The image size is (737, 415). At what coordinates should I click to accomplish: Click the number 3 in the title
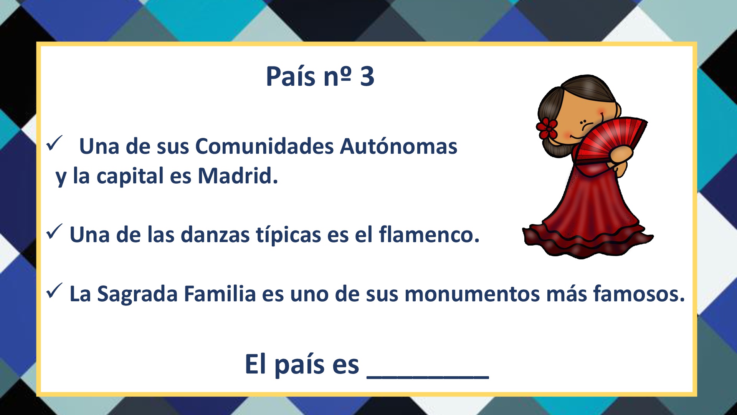(x=367, y=76)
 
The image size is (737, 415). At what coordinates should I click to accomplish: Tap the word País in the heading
(x=291, y=76)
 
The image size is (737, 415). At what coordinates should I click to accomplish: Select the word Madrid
(x=238, y=176)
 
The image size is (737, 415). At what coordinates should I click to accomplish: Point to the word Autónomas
(x=398, y=146)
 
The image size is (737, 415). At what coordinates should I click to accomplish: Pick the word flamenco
(x=429, y=234)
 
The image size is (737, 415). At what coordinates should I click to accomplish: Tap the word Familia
(x=220, y=294)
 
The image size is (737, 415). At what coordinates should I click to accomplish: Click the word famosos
(x=639, y=294)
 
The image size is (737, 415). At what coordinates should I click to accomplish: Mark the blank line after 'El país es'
(x=428, y=378)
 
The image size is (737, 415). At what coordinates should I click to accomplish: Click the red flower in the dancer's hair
(x=547, y=128)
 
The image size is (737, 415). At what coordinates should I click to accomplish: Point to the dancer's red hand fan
(x=610, y=139)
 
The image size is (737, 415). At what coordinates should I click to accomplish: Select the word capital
(x=130, y=177)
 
